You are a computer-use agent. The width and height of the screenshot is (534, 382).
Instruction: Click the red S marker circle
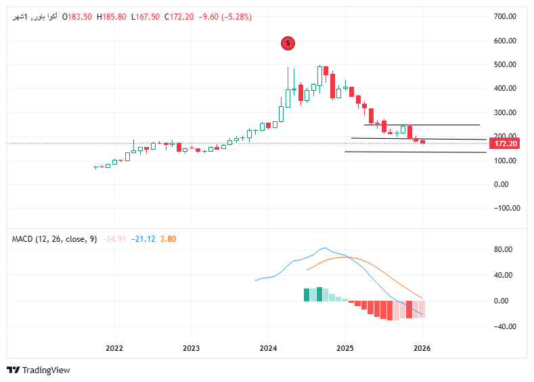click(288, 43)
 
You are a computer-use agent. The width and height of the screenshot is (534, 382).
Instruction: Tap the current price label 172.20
click(506, 144)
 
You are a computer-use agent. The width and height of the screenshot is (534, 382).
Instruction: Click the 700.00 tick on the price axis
click(506, 16)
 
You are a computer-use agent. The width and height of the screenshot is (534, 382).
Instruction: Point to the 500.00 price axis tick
click(506, 64)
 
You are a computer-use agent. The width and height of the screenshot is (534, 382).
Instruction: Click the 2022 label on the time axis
click(114, 349)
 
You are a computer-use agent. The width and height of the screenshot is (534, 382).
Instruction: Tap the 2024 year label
click(268, 349)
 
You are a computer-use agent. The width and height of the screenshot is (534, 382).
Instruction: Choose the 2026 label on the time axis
click(422, 349)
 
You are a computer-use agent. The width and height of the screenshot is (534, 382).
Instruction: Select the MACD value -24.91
click(115, 238)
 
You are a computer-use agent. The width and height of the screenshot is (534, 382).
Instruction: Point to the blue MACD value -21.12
click(144, 238)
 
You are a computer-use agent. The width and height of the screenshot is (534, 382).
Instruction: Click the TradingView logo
click(39, 370)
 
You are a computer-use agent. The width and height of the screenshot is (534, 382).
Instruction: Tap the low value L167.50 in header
click(146, 17)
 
